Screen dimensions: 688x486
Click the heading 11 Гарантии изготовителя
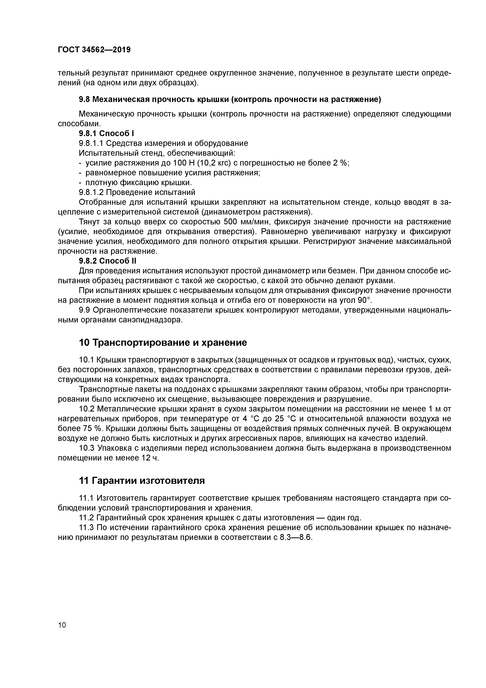[x=142, y=481]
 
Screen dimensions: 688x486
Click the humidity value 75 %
[x=86, y=429]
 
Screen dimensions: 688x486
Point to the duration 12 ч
[x=149, y=458]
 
